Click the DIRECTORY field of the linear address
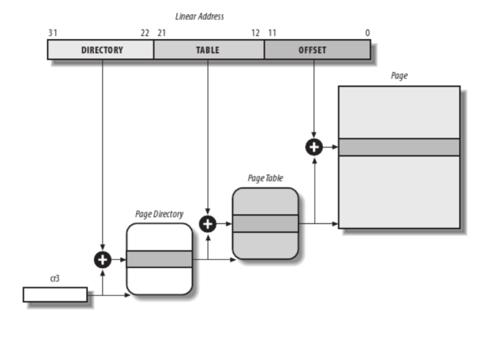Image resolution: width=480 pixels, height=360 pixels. (101, 50)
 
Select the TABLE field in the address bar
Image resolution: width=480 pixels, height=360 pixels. (208, 50)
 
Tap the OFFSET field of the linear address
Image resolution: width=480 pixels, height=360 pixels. (312, 50)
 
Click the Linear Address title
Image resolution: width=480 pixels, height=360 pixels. (199, 17)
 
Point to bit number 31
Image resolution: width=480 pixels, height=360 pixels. (53, 33)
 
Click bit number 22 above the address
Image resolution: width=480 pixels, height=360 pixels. (145, 33)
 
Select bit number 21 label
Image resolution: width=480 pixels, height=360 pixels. (162, 33)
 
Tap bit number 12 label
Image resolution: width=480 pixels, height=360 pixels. (255, 33)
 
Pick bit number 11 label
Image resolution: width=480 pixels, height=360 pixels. (272, 33)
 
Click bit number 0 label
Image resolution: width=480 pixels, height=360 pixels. (367, 33)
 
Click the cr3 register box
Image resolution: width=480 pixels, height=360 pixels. (55, 295)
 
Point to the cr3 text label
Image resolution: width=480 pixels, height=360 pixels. (55, 279)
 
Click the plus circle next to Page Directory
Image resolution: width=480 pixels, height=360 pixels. (103, 260)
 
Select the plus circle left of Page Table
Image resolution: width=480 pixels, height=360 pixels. (208, 223)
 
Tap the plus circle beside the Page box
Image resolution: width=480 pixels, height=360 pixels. (314, 147)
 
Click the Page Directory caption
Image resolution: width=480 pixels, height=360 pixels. (159, 214)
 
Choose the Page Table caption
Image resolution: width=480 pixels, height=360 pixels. (265, 178)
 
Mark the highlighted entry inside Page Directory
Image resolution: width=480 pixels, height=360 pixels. (159, 259)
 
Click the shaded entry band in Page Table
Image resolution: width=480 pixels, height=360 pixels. (265, 223)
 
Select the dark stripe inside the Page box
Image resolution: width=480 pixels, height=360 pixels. (399, 147)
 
